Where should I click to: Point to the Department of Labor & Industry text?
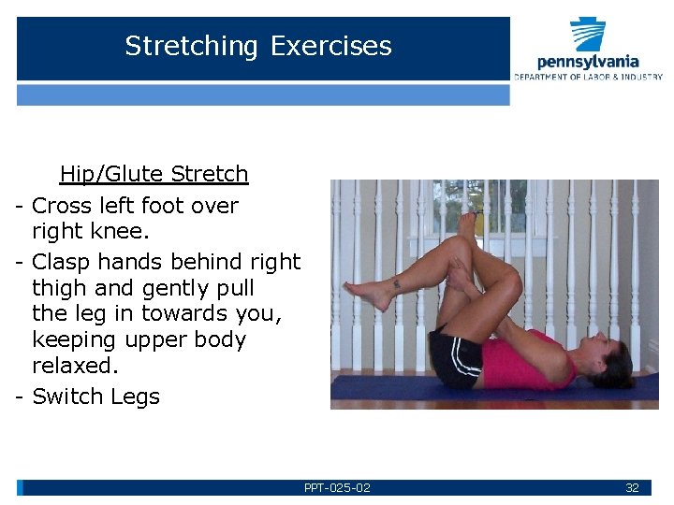pos(588,76)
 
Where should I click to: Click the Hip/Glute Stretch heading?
pos(154,174)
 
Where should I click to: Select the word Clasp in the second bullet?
pos(66,262)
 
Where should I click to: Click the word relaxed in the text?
pos(73,364)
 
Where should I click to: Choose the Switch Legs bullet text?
pos(95,397)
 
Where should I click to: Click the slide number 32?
pos(632,488)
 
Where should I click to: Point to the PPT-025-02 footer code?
pos(337,488)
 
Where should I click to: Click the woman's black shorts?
pos(455,359)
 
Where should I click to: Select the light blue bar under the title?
pos(263,94)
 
